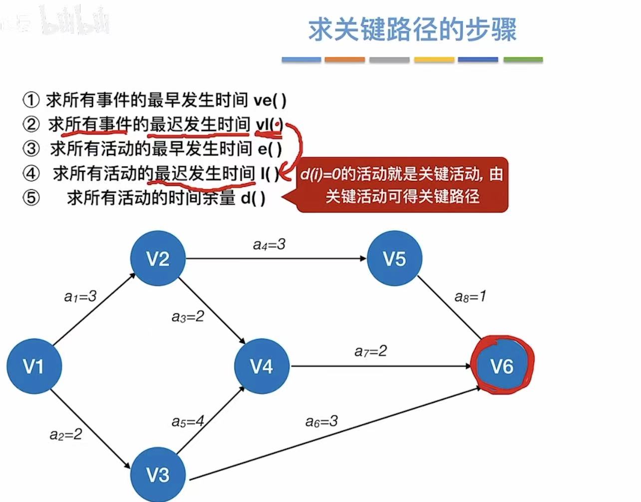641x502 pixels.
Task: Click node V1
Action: (34, 366)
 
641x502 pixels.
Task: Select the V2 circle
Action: (158, 258)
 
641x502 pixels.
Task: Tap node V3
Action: (158, 475)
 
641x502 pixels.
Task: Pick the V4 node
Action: (262, 366)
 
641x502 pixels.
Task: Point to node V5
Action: (394, 258)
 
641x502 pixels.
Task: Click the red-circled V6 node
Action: (502, 366)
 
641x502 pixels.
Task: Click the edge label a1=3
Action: (80, 297)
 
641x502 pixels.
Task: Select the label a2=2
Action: (66, 435)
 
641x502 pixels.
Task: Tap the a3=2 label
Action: (188, 316)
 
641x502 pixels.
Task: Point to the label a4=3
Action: (269, 244)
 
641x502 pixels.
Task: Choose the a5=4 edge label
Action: (188, 422)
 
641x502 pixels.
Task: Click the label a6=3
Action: (321, 422)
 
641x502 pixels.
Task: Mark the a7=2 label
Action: (370, 351)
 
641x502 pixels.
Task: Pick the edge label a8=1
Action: (470, 297)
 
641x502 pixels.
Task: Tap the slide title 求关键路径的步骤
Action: (412, 30)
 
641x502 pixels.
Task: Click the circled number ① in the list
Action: (31, 100)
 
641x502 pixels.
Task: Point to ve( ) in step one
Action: (270, 100)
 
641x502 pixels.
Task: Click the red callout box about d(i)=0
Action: (402, 185)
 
